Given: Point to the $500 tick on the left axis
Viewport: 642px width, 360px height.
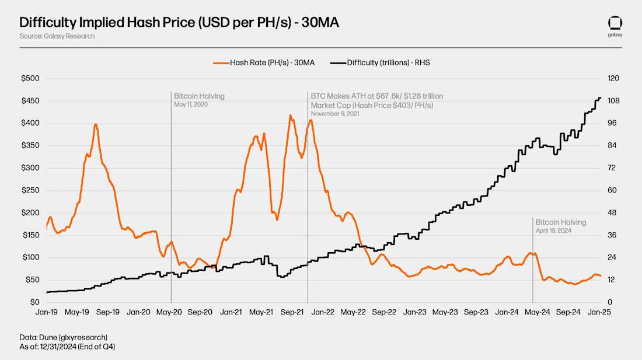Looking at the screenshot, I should [x=30, y=78].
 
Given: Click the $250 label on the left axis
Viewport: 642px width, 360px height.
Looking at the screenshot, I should [x=30, y=190].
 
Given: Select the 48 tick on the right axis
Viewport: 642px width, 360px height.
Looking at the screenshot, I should [x=612, y=212].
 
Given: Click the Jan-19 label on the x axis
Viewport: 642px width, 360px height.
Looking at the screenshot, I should [x=46, y=313].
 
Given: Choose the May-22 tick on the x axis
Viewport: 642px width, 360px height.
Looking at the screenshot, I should [x=353, y=313].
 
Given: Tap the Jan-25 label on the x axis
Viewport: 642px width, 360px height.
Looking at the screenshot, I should [x=599, y=313].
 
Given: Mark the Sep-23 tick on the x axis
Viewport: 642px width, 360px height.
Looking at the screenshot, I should [x=476, y=313].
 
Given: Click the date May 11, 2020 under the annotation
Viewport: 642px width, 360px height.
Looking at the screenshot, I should [x=191, y=104].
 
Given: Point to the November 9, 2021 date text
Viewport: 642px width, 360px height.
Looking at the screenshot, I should [x=335, y=114].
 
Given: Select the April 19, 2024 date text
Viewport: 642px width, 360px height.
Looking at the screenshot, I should [x=553, y=231].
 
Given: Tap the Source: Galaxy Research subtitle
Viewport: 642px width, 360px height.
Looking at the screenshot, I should [x=57, y=36].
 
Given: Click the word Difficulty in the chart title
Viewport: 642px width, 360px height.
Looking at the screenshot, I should [x=45, y=23].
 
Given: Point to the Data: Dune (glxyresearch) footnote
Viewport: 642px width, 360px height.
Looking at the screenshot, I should [x=63, y=337].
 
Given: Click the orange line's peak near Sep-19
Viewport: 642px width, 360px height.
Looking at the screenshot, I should [x=95, y=124].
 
